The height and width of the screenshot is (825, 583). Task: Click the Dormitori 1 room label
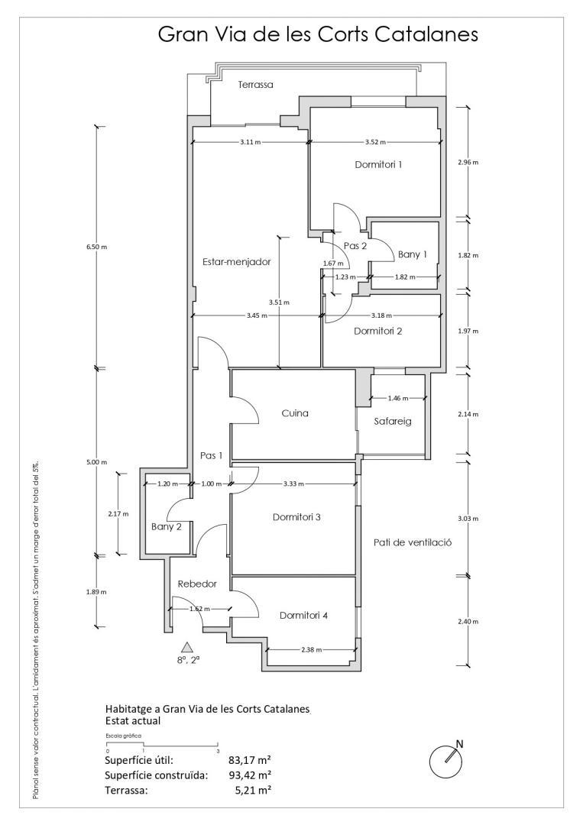378,164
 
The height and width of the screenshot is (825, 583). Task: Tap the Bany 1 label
412,254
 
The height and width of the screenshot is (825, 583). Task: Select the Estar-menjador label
237,261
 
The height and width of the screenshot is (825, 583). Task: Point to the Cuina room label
295,413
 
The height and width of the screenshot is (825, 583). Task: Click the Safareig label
394,421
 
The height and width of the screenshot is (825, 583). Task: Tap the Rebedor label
197,584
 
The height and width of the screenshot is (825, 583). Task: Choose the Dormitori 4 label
304,615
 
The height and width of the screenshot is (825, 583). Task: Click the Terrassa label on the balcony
255,85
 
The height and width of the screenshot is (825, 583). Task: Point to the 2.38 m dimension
311,649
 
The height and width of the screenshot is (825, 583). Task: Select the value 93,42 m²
250,775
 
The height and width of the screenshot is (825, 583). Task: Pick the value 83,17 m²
250,760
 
